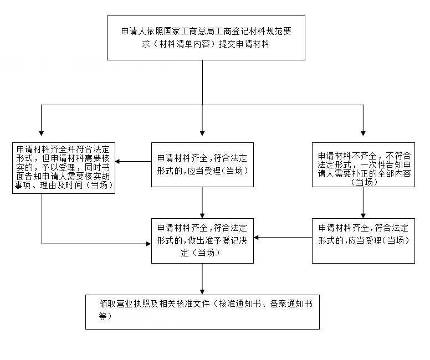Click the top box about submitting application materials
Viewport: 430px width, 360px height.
pyautogui.click(x=206, y=38)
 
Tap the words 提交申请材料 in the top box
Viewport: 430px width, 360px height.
pyautogui.click(x=244, y=44)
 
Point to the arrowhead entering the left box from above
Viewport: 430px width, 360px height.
pyautogui.click(x=41, y=133)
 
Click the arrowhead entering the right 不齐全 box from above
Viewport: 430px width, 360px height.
pyautogui.click(x=363, y=133)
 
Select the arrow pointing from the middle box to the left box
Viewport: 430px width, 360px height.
pyautogui.click(x=134, y=161)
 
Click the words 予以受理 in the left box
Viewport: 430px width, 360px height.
pyautogui.click(x=58, y=167)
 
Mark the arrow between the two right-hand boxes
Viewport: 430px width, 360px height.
pyautogui.click(x=363, y=203)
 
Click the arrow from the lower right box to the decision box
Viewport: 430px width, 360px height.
pyautogui.click(x=283, y=238)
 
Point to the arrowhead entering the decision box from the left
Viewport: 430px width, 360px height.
pyautogui.click(x=149, y=244)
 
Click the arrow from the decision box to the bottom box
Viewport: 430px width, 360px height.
pyautogui.click(x=202, y=279)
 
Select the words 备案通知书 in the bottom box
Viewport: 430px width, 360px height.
pyautogui.click(x=291, y=304)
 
